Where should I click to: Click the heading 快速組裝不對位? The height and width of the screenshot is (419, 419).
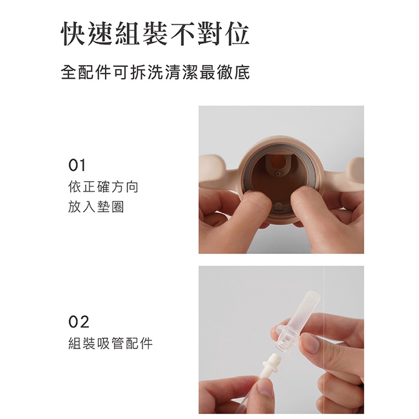click(155, 34)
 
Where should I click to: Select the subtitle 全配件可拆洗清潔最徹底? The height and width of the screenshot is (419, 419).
click(155, 72)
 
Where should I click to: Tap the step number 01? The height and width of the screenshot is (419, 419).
click(77, 165)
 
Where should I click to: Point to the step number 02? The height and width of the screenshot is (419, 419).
click(79, 322)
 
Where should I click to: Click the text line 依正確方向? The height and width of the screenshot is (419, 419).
click(103, 187)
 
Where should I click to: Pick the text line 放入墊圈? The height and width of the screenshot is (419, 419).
click(96, 207)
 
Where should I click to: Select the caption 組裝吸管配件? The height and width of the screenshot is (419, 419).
click(110, 344)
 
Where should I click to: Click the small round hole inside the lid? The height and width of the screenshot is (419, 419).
click(278, 173)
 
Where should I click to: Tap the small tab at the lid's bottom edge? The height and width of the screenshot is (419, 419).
click(279, 207)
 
